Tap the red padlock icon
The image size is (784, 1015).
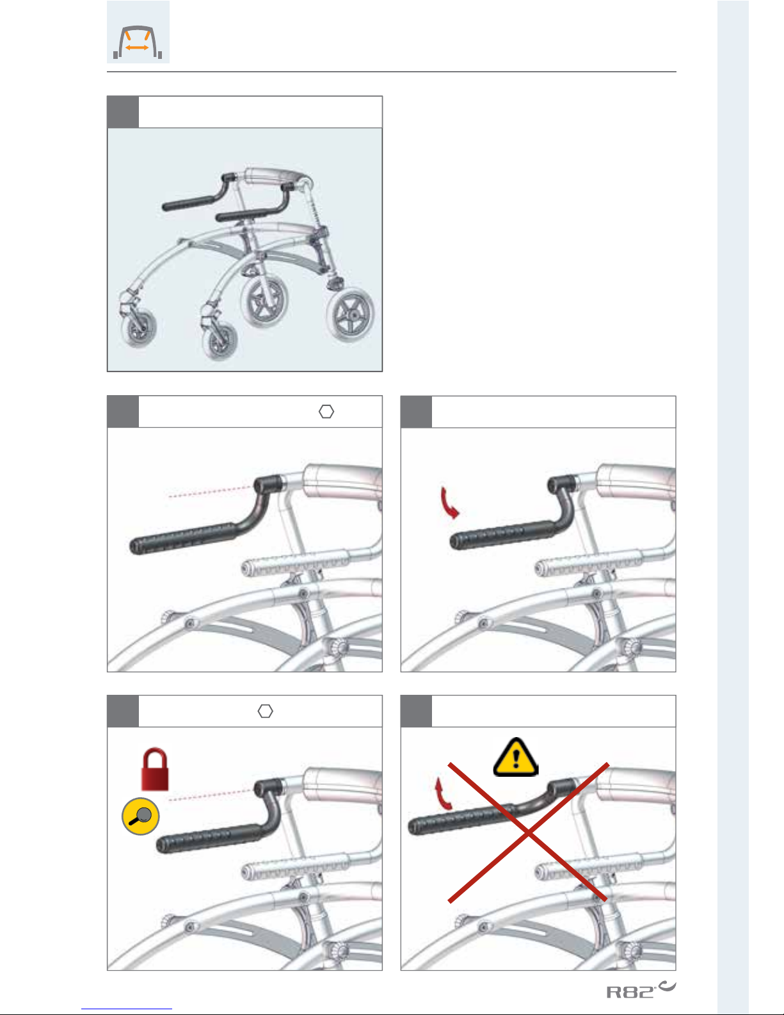[x=155, y=769]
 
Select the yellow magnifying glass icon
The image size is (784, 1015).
[x=140, y=816]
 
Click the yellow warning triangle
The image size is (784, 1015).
[x=516, y=757]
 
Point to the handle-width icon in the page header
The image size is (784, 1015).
[x=138, y=32]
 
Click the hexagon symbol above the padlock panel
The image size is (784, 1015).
[x=265, y=711]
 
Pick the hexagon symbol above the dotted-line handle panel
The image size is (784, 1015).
[x=326, y=412]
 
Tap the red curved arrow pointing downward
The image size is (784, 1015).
[x=449, y=503]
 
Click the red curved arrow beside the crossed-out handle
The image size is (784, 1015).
[x=442, y=793]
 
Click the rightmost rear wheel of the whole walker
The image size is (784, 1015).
[x=350, y=315]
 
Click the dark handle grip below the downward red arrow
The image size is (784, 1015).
[x=502, y=535]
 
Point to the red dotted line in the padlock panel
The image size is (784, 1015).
[x=210, y=795]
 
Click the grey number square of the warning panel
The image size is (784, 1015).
[x=416, y=711]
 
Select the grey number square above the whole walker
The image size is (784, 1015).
[x=123, y=112]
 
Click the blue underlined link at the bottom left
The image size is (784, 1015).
[x=127, y=1009]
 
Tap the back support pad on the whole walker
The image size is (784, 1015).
[x=275, y=177]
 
